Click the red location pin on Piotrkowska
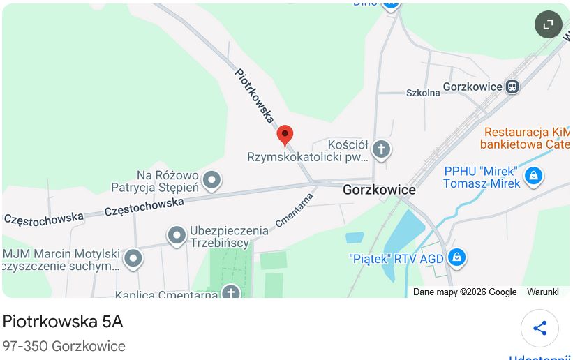coord(285,135)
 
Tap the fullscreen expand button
coord(548,24)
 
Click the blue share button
coord(539,329)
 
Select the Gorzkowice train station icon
coord(512,87)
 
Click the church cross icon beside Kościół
coord(380,149)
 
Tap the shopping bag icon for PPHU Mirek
coord(533,176)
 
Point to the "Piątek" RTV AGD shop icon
coord(456,258)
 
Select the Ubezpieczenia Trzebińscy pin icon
coord(177,236)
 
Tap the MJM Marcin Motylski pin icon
coord(133,260)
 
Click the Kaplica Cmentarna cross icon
coord(231,292)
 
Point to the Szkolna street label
coord(423,92)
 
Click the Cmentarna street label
coord(295,210)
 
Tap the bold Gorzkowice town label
coord(379,190)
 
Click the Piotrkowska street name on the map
coord(254,96)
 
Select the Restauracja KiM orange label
coord(526,132)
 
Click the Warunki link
coord(542,292)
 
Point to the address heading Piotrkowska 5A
coord(63,322)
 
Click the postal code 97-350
coord(25,346)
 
